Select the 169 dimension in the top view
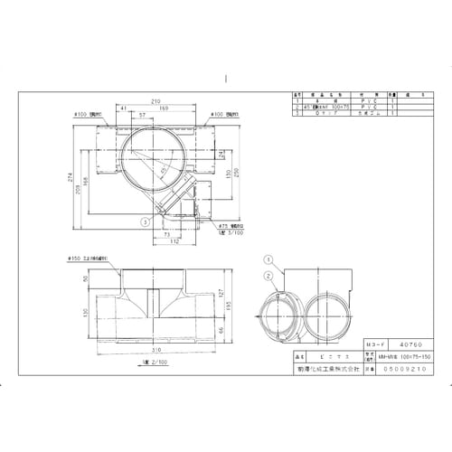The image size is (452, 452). [x=163, y=109]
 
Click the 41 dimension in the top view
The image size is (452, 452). [x=122, y=109]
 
